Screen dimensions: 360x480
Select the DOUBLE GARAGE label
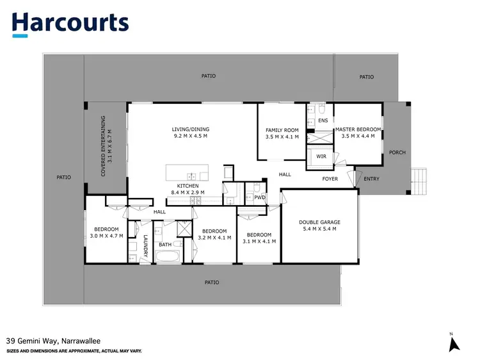point(319,222)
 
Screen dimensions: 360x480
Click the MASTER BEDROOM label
point(358,129)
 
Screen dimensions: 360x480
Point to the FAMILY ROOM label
point(282,130)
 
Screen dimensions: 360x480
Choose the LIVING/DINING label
point(191,129)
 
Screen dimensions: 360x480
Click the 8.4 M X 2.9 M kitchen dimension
point(191,192)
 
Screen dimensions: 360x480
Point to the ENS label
point(323,120)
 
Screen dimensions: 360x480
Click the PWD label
point(259,197)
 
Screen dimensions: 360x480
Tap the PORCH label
point(397,152)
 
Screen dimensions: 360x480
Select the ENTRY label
point(371,179)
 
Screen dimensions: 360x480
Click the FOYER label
point(330,179)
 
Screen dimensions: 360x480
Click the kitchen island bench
point(187,173)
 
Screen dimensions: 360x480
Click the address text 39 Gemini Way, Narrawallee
point(53,341)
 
